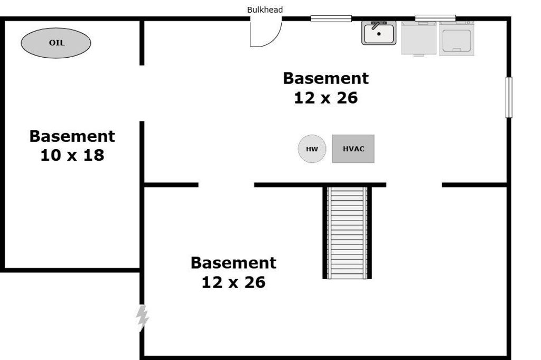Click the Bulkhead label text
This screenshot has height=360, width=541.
click(x=265, y=10)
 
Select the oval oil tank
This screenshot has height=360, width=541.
click(x=56, y=43)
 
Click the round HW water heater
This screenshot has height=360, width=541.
click(x=312, y=149)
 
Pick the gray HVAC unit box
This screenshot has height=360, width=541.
click(x=353, y=149)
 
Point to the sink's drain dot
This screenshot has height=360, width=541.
click(x=379, y=34)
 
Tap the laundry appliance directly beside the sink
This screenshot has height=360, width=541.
click(x=419, y=38)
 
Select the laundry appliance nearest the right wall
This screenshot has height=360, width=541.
click(x=456, y=38)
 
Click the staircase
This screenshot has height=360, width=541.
click(x=347, y=233)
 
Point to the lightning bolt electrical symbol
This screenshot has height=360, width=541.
click(x=142, y=318)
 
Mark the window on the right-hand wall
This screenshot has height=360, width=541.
click(x=509, y=97)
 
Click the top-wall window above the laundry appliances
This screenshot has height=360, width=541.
click(x=435, y=19)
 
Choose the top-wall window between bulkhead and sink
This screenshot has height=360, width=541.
click(x=331, y=19)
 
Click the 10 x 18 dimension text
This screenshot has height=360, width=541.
click(x=72, y=155)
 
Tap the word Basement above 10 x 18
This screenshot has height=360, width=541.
click(x=72, y=136)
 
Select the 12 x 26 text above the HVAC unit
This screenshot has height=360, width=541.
click(x=325, y=98)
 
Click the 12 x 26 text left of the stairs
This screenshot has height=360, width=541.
click(x=234, y=282)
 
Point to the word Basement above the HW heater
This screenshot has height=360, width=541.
click(x=325, y=78)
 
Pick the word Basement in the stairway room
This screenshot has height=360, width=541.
click(x=234, y=263)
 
